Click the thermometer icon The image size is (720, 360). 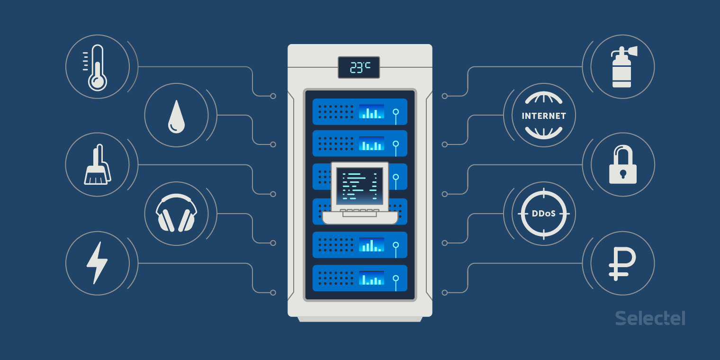click(97, 67)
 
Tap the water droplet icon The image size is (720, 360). click(176, 116)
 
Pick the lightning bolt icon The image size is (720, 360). click(97, 263)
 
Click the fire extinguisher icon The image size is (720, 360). click(622, 67)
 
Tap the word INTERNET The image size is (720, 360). click(544, 116)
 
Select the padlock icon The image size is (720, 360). click(622, 165)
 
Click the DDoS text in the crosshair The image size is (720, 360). click(544, 214)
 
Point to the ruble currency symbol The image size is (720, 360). click(622, 263)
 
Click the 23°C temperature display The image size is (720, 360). click(359, 67)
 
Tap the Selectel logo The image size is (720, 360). click(650, 318)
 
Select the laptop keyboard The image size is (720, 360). click(360, 212)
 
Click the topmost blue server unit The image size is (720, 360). click(360, 112)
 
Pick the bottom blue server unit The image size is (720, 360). click(360, 278)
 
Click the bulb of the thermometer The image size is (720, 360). click(97, 81)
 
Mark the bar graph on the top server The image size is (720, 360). click(371, 112)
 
